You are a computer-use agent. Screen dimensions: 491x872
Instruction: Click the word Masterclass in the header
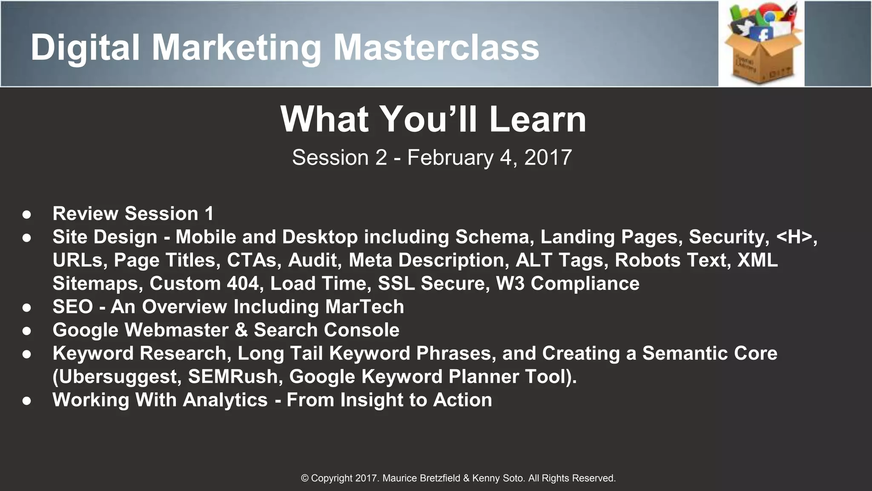point(436,47)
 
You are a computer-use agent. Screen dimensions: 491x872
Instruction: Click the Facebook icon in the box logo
point(764,35)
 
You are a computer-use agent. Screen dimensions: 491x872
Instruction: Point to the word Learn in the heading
point(537,120)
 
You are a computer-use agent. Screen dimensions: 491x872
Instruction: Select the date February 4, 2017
point(489,158)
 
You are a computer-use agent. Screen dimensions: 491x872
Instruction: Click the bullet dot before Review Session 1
point(27,214)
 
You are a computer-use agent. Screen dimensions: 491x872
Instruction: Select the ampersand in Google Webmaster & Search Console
point(241,330)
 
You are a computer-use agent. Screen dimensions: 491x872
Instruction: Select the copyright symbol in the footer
point(305,478)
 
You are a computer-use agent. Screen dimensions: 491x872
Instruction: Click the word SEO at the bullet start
point(72,307)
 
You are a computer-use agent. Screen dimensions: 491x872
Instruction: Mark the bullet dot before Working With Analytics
point(27,401)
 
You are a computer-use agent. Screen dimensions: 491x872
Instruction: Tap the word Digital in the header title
point(85,47)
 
